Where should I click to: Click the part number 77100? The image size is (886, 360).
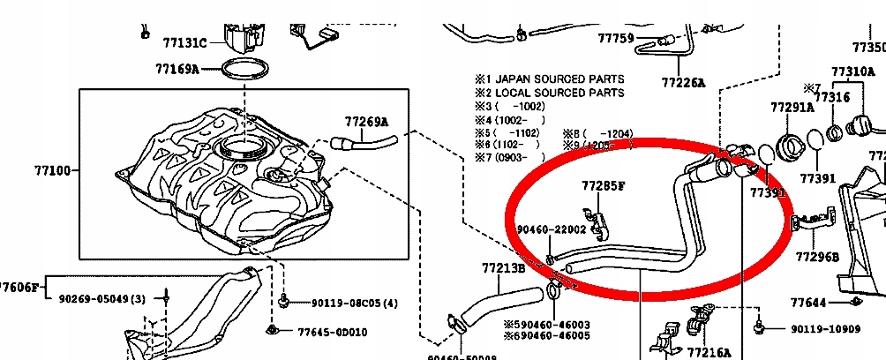(53, 170)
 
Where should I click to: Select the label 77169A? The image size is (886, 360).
(177, 68)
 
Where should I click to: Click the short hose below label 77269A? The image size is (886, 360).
(364, 141)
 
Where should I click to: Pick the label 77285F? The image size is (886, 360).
(603, 186)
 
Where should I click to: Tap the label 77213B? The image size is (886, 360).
(504, 267)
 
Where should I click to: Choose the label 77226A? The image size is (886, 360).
(684, 82)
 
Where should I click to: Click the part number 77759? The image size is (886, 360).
(616, 38)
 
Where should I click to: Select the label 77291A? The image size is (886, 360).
(792, 107)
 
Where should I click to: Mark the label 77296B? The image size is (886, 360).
(817, 257)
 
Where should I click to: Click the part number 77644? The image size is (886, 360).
(808, 303)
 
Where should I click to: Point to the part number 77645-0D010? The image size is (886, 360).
(332, 332)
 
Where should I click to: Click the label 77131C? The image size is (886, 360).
(184, 41)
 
